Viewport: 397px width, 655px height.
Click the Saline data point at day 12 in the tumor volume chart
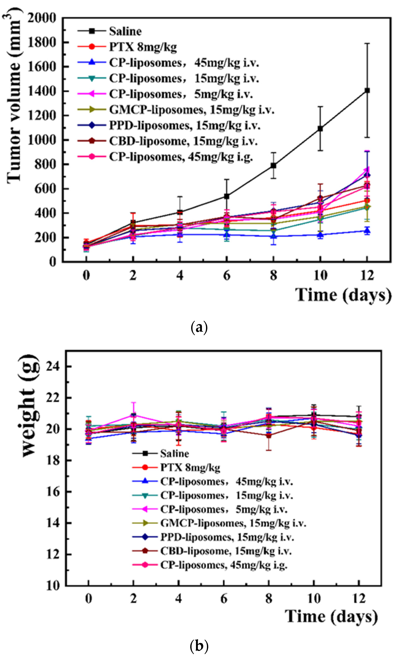click(367, 91)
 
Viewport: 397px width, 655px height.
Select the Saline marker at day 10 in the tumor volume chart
click(320, 129)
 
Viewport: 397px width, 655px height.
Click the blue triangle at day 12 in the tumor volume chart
click(367, 230)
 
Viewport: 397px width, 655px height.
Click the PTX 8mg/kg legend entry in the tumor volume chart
click(143, 47)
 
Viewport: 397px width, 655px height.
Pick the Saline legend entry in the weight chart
click(174, 454)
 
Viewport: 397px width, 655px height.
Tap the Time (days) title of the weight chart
click(331, 616)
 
